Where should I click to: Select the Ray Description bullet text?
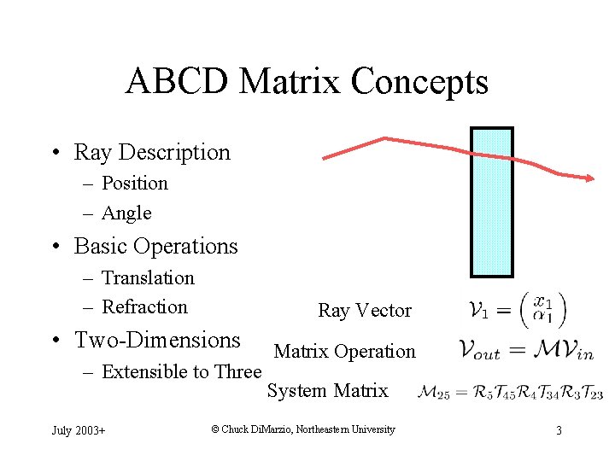(x=152, y=152)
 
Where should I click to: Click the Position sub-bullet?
(x=135, y=184)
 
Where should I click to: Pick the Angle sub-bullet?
(x=126, y=213)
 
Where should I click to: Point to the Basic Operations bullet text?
(x=155, y=246)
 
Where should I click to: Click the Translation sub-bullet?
(x=148, y=277)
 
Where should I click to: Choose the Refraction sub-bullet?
(x=144, y=306)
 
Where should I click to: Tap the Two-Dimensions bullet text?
(x=157, y=340)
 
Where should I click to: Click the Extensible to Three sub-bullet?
(x=181, y=371)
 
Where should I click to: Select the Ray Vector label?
(x=365, y=311)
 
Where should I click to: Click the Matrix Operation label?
(x=344, y=351)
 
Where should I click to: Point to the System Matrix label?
(x=327, y=391)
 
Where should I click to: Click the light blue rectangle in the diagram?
(x=492, y=202)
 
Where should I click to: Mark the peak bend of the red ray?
(x=385, y=138)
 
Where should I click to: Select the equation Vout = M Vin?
(x=524, y=349)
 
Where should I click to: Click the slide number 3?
(x=559, y=430)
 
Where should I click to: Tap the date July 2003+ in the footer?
(x=79, y=430)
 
